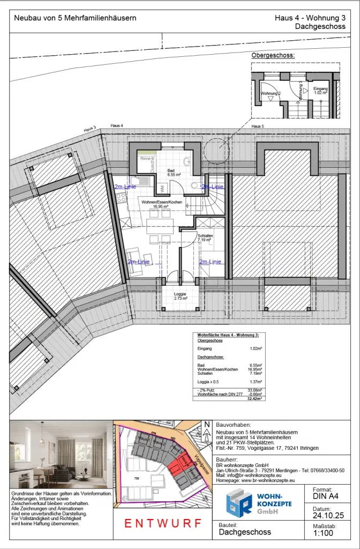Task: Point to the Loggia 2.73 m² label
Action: pyautogui.click(x=180, y=295)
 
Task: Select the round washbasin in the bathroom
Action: pyautogui.click(x=188, y=161)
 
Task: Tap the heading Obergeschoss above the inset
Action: pyautogui.click(x=273, y=55)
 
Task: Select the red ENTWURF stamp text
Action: pyautogui.click(x=163, y=523)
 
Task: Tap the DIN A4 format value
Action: pyautogui.click(x=325, y=496)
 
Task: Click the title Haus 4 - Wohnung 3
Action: pyautogui.click(x=310, y=18)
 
